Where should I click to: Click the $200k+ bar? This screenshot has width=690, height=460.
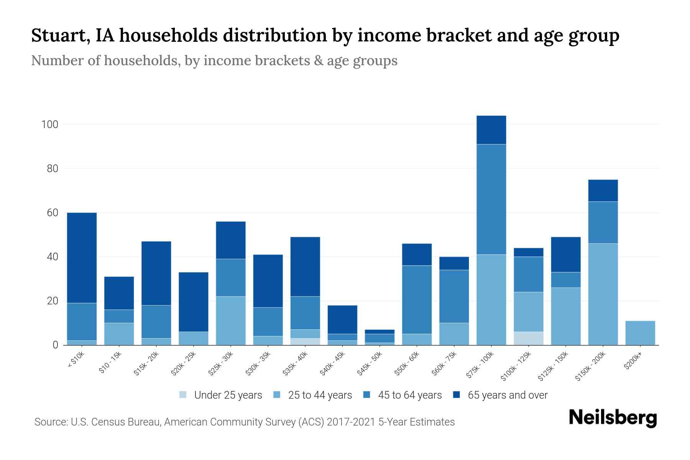click(640, 333)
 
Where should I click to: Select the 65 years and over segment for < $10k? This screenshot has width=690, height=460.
click(82, 258)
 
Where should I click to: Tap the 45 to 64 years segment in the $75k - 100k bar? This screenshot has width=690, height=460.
click(491, 199)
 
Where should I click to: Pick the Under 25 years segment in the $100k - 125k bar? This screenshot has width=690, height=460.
click(528, 338)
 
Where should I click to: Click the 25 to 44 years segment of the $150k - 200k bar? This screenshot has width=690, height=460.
click(603, 294)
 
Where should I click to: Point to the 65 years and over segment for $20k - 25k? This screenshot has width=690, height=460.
click(194, 302)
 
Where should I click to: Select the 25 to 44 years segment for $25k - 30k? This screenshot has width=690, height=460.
click(231, 320)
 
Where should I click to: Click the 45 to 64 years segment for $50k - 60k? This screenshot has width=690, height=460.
click(417, 299)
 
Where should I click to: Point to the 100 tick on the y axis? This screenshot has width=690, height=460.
click(50, 125)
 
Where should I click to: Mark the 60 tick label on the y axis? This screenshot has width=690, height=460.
click(52, 213)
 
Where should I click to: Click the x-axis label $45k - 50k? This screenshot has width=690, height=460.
click(370, 363)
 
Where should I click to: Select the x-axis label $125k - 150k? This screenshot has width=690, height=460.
click(554, 366)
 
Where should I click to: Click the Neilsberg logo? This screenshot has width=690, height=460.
click(613, 418)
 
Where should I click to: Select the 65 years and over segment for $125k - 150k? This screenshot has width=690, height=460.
click(565, 255)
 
